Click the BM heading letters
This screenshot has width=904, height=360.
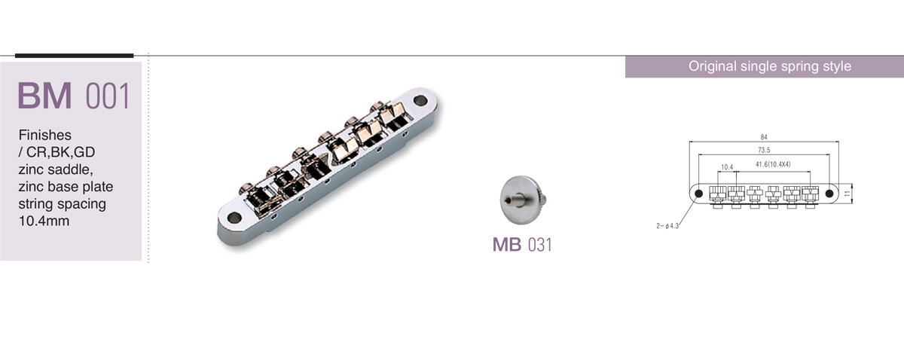coord(44,96)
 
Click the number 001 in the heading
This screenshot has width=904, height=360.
coord(108,96)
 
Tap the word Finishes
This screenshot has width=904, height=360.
coord(44,135)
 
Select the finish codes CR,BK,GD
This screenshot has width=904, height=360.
coord(60,152)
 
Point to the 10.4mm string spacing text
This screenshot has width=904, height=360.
coord(44,221)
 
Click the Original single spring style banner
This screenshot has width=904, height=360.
coord(770,66)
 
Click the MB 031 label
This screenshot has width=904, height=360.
coord(522,245)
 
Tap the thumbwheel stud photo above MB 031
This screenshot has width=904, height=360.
coord(524,200)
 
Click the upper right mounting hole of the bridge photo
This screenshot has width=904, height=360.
coord(420,100)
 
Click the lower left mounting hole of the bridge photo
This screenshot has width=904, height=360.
coord(234,218)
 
